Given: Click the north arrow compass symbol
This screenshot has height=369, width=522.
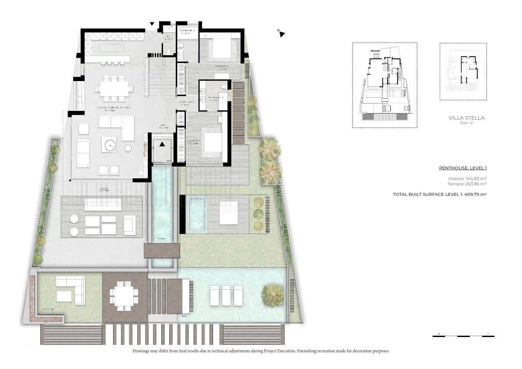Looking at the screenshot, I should tap(282, 33).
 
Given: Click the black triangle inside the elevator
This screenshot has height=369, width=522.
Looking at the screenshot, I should tap(163, 144).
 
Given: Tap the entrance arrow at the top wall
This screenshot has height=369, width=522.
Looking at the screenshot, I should tap(152, 24).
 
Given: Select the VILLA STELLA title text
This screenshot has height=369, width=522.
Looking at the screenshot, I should tap(467, 118).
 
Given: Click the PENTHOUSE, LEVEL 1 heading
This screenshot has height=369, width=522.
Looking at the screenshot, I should tap(463, 168).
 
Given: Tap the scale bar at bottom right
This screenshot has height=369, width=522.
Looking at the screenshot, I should tap(463, 336).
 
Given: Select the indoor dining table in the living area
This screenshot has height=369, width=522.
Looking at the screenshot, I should tap(114, 89).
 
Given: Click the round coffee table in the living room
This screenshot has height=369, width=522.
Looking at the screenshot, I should tap(109, 144).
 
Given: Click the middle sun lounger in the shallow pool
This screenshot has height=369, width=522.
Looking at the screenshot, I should tap(226, 295).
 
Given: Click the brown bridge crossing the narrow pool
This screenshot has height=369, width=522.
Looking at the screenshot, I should tap(161, 251).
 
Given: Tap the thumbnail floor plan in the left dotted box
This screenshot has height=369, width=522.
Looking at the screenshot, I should tap(384, 85).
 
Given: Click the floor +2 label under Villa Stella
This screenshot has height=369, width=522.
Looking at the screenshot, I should tap(467, 123).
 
